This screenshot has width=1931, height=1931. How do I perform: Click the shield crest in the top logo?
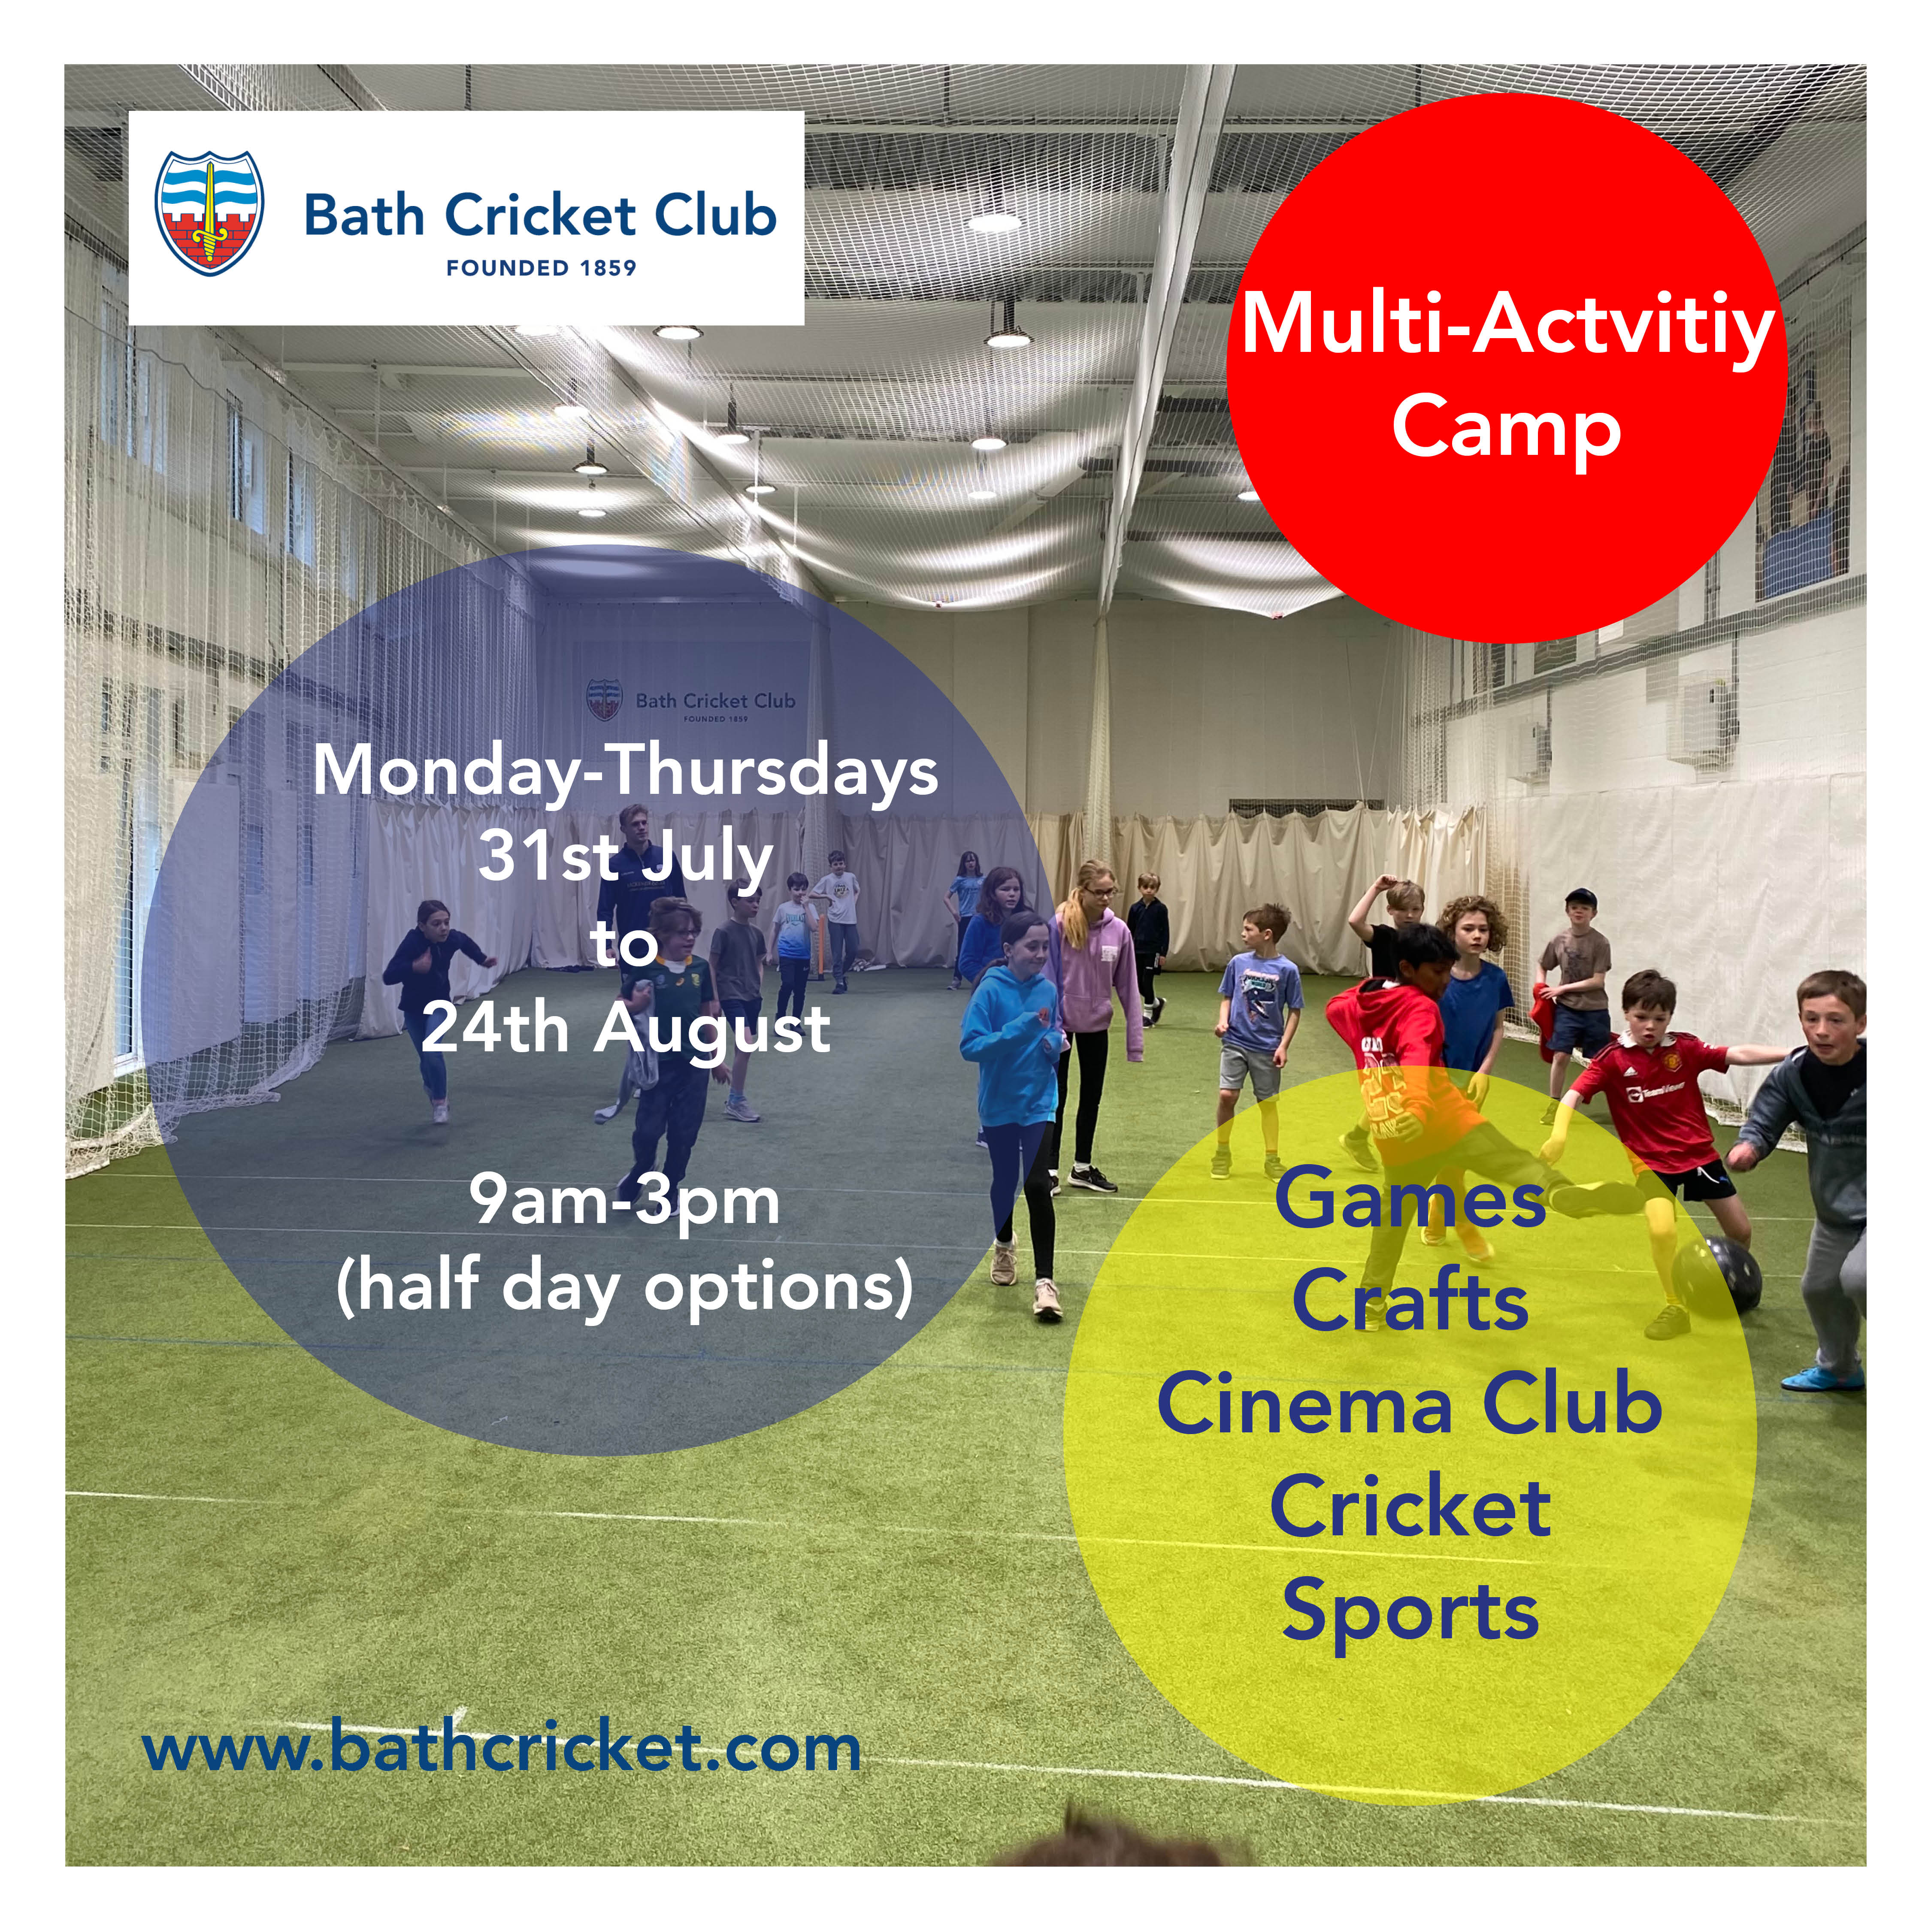click(210, 212)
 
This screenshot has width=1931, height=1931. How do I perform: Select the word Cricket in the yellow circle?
click(1410, 1507)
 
